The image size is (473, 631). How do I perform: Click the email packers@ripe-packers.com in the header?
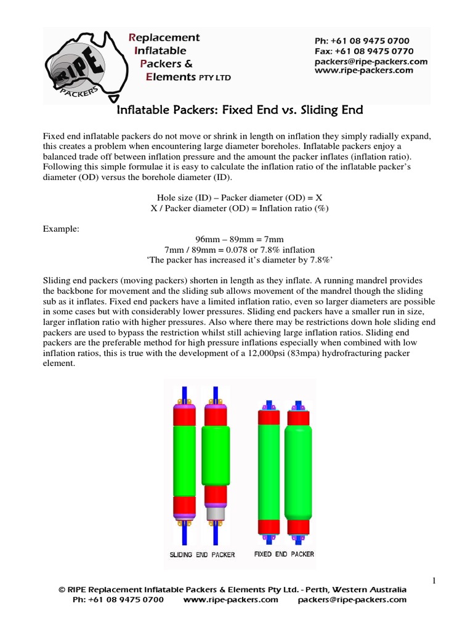371,61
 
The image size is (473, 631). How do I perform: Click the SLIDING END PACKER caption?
202,555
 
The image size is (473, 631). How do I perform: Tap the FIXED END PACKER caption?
284,554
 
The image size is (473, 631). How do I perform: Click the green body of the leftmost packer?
184,454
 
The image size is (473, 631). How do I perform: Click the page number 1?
434,579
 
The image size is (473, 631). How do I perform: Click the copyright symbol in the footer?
62,590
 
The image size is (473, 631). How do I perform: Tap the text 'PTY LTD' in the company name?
214,78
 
